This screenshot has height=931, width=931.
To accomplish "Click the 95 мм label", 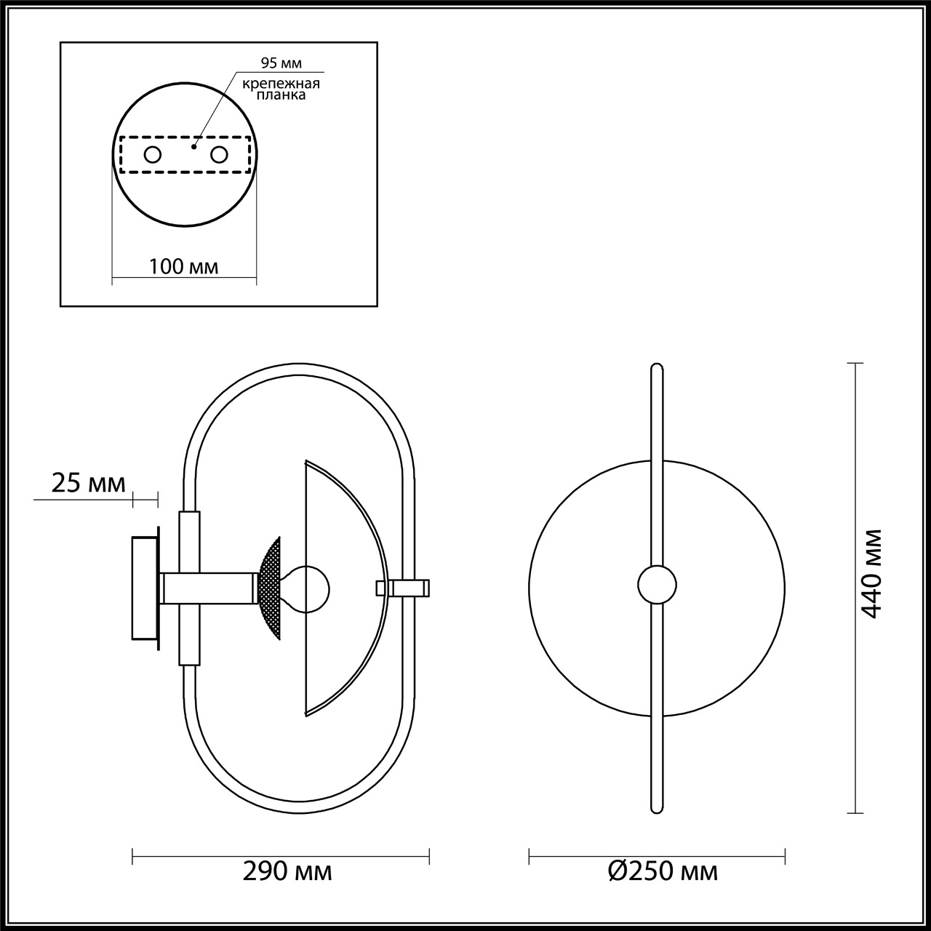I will (x=280, y=63).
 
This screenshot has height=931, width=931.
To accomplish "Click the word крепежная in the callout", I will (x=281, y=84).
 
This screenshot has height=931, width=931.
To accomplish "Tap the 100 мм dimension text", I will (x=183, y=266).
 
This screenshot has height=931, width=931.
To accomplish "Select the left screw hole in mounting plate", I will (x=153, y=154).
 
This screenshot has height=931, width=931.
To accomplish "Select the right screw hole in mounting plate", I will (x=219, y=154).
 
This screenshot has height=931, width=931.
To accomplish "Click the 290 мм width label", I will (x=287, y=871).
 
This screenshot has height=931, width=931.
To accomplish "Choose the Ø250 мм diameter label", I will (x=663, y=871).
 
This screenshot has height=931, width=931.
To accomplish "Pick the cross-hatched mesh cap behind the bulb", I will (x=269, y=588).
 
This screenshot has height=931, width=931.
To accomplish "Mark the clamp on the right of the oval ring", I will (x=409, y=588).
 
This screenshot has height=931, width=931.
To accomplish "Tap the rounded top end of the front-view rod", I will (x=657, y=369).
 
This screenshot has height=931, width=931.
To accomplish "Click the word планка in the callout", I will (x=281, y=95).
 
